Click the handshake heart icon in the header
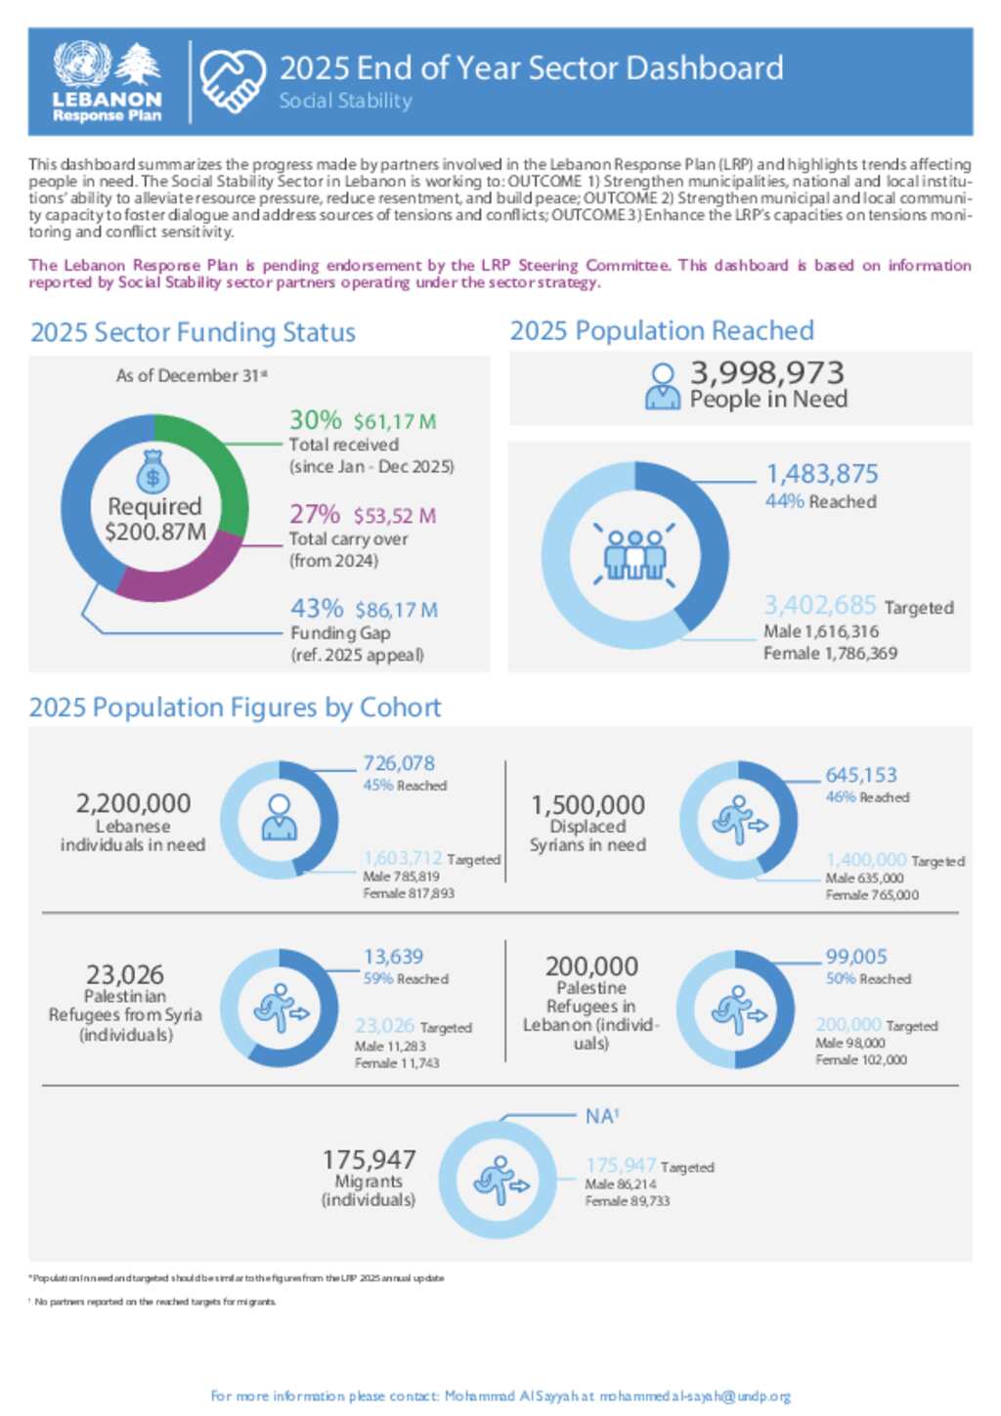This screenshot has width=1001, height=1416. [x=233, y=81]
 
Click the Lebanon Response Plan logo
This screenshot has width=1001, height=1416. [x=108, y=82]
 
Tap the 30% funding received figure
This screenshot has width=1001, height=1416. [x=316, y=420]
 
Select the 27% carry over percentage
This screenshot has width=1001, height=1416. [x=315, y=514]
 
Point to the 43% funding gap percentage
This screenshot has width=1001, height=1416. [x=317, y=609]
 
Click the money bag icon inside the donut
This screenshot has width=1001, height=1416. [x=153, y=472]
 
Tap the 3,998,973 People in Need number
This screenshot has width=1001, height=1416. [x=766, y=372]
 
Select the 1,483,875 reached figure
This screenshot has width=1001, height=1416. [x=821, y=474]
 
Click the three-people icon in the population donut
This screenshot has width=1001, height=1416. [x=634, y=554]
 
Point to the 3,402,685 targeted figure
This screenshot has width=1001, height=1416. [x=820, y=605]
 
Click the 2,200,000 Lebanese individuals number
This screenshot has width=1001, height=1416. [x=133, y=803]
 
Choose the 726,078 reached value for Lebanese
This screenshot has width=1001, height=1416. [x=399, y=763]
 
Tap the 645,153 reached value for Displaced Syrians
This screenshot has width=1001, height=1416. [x=860, y=775]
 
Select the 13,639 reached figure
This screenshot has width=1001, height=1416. [x=393, y=957]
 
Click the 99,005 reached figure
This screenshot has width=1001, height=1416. [x=855, y=957]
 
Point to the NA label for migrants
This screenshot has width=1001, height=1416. [x=601, y=1116]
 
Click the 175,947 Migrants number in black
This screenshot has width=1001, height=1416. [x=369, y=1160]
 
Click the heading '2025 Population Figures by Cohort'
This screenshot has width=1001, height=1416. [x=235, y=708]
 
